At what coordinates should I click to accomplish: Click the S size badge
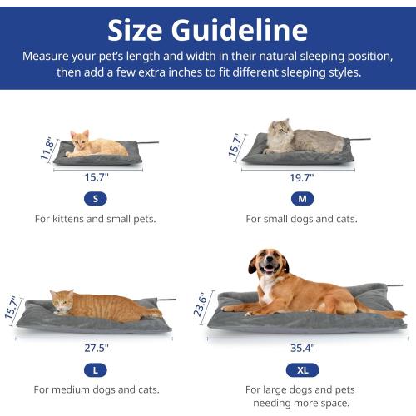point(95,199)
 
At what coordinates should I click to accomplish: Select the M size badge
point(301,199)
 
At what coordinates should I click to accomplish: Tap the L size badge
point(95,369)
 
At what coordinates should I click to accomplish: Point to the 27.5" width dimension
point(95,347)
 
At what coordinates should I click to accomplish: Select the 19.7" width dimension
point(301,177)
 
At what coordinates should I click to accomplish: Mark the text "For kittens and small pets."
point(95,219)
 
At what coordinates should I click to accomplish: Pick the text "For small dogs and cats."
point(301,219)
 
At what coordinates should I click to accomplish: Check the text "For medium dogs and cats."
point(95,389)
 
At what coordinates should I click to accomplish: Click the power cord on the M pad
point(359,139)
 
